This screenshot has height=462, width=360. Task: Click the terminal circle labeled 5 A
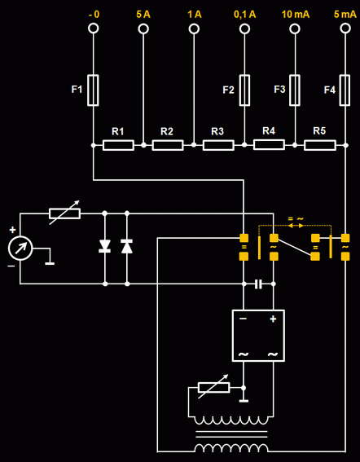click(x=143, y=29)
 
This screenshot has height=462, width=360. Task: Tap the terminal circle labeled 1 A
click(x=194, y=29)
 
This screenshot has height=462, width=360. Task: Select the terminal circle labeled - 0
click(x=94, y=29)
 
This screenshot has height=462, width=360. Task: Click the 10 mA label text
click(x=295, y=14)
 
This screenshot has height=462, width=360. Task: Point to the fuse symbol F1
click(x=93, y=90)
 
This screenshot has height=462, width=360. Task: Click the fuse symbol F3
click(x=295, y=90)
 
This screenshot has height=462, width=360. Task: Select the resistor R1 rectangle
click(x=118, y=145)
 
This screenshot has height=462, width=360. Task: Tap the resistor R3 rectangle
click(x=218, y=145)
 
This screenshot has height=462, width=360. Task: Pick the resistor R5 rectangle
click(x=319, y=145)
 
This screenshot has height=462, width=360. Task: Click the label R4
click(x=269, y=130)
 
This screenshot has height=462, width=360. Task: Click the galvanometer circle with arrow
click(x=20, y=248)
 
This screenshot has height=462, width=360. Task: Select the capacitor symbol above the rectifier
click(x=258, y=284)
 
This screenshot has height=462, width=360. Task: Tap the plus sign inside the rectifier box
click(x=273, y=319)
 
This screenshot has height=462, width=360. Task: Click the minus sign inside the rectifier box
click(x=243, y=319)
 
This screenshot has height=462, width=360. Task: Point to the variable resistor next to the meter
click(x=64, y=213)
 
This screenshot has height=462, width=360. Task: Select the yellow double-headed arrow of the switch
click(x=296, y=226)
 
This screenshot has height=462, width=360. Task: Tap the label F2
click(x=228, y=90)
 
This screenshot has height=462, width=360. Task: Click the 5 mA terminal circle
click(x=345, y=29)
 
